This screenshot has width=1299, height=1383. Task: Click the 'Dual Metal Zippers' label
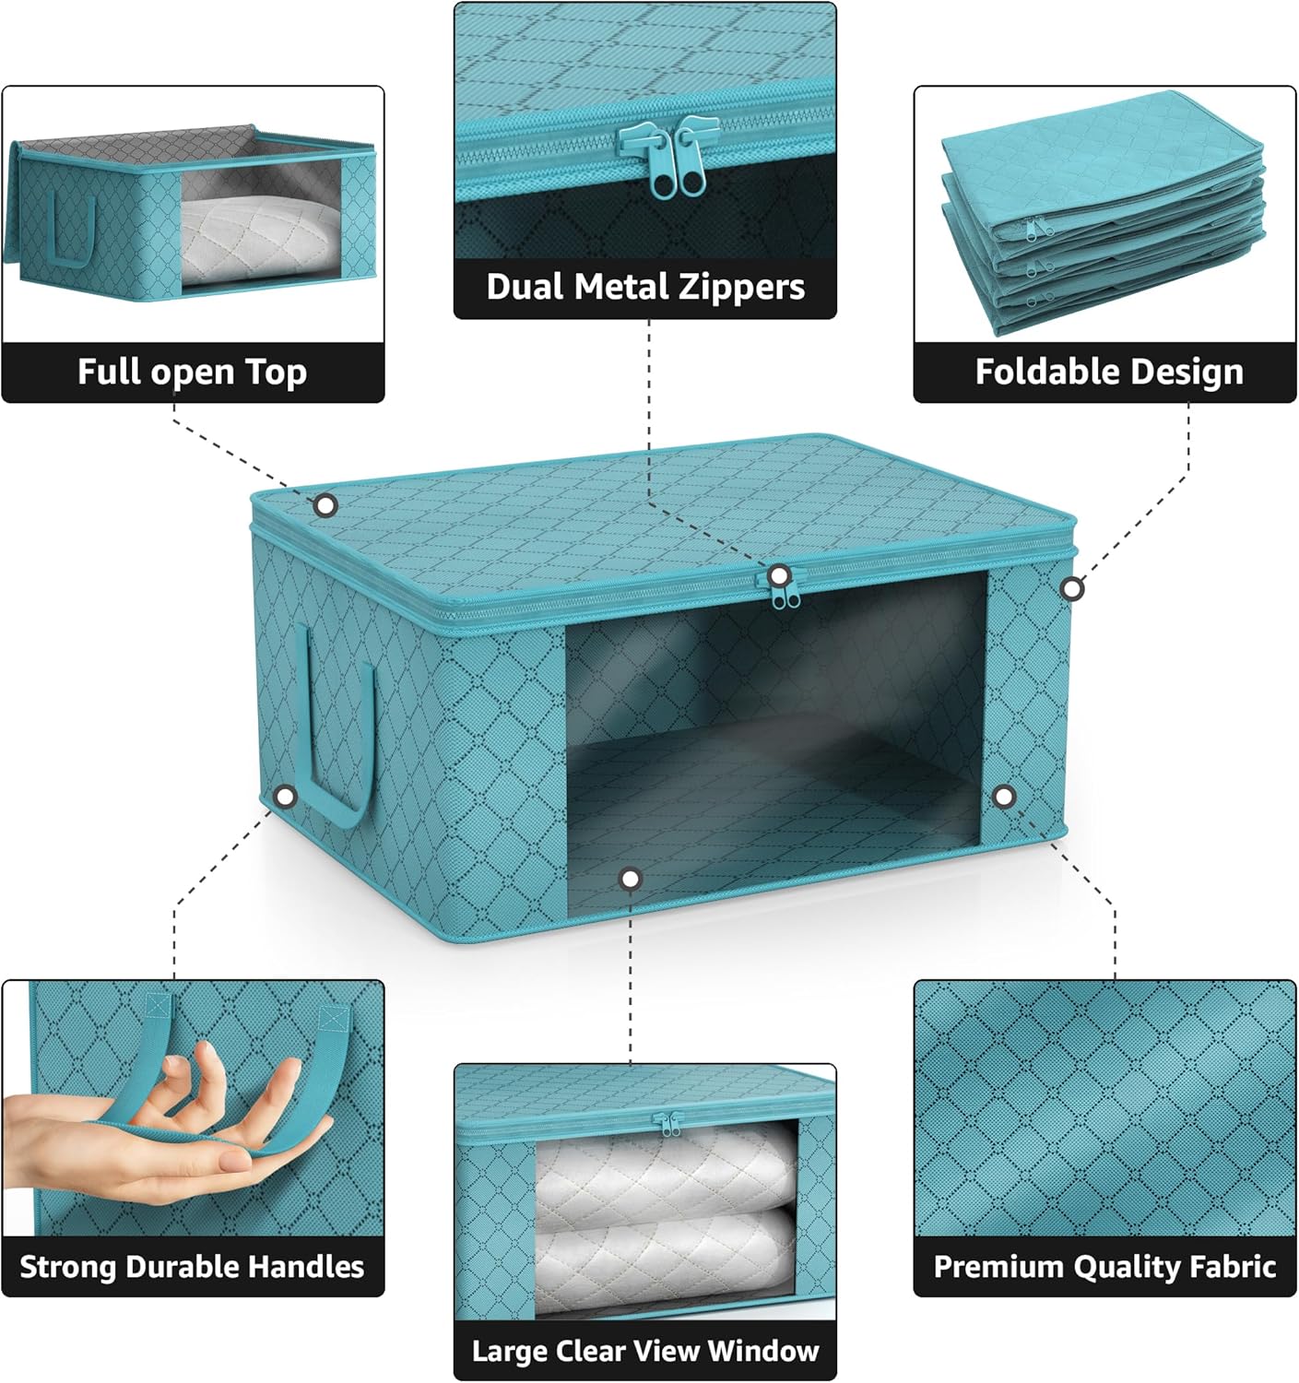tap(645, 287)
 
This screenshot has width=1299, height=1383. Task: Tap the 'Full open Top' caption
tap(192, 372)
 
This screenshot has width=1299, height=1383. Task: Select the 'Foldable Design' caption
tap(1109, 372)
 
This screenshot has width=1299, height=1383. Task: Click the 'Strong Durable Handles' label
tap(192, 1267)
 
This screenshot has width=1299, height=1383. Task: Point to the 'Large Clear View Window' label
tap(645, 1351)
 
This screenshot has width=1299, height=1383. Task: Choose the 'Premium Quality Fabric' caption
tap(1104, 1267)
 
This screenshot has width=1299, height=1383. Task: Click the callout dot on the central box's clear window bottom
tap(631, 880)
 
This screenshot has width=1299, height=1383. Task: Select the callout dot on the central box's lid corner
tap(325, 505)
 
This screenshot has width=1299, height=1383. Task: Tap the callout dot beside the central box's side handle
tap(286, 796)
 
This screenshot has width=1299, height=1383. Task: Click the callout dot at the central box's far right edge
tap(1071, 588)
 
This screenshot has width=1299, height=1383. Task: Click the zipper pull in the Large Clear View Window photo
tap(667, 1124)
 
